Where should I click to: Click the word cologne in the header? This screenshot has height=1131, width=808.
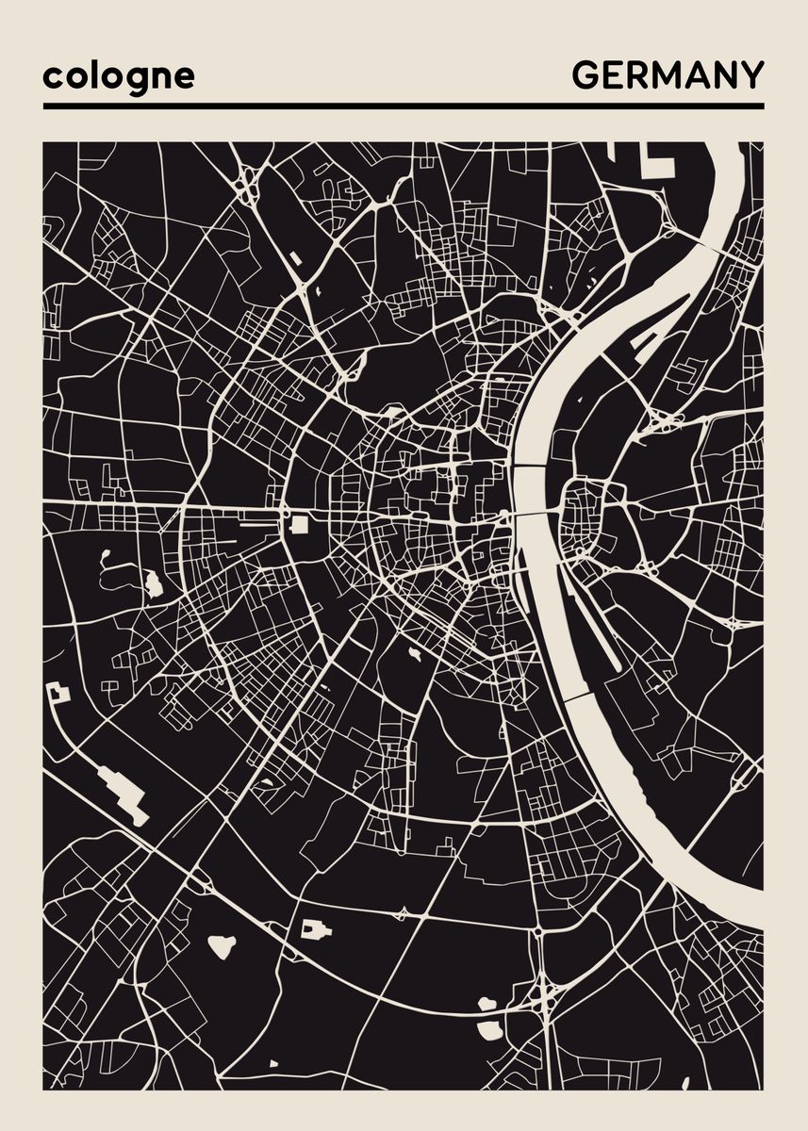pos(118,76)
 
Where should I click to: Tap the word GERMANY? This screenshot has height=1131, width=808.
pos(668,74)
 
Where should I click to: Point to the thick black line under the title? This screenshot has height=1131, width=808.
pos(404,106)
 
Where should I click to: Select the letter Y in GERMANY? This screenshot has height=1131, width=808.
pos(751,74)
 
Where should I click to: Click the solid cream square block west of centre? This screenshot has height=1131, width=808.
pos(300,524)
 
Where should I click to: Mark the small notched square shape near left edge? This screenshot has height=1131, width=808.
pos(58,694)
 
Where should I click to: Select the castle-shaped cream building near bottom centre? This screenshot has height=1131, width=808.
pos(316,930)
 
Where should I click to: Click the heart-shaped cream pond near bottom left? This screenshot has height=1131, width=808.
pos(222,945)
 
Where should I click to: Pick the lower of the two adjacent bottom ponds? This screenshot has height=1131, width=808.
pos(489,1029)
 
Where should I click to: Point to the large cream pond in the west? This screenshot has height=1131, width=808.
pos(153,584)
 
